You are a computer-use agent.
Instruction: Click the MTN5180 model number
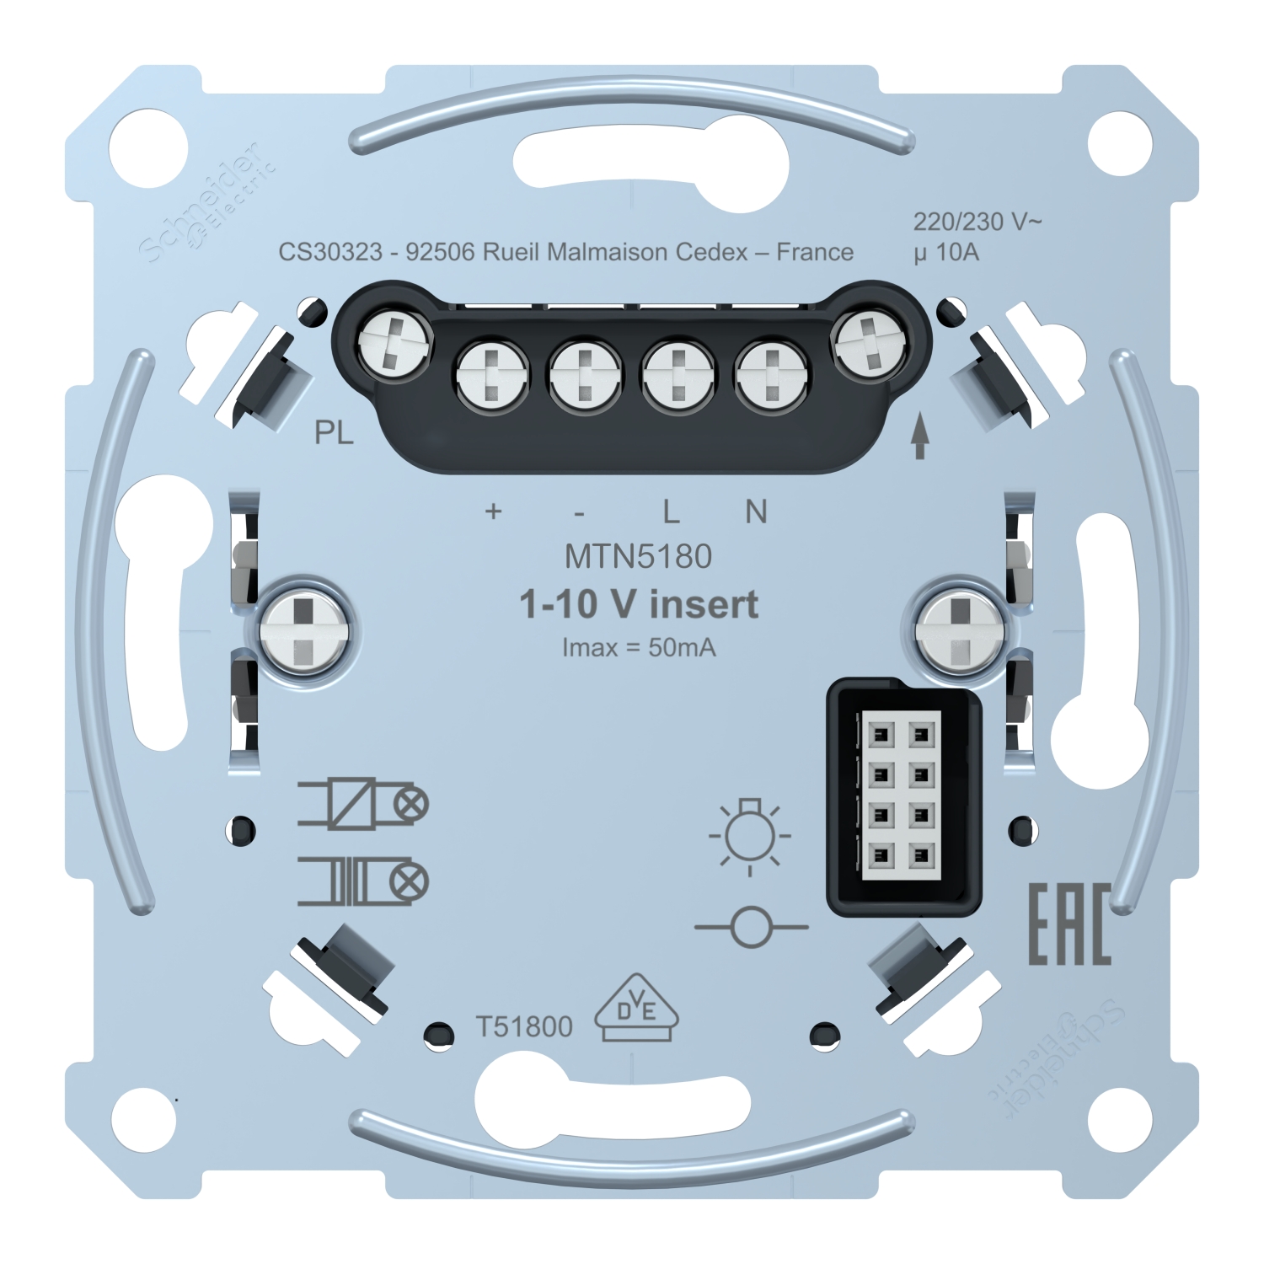tap(639, 556)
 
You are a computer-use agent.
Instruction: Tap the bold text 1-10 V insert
tap(640, 605)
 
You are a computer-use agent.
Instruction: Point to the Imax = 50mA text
tap(639, 647)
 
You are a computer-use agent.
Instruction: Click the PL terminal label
tap(334, 433)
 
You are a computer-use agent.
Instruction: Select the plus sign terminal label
tap(494, 511)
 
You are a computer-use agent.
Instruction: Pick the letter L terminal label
tap(670, 511)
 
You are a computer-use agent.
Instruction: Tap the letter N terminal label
tap(757, 511)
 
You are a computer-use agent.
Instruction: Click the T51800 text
tap(524, 1026)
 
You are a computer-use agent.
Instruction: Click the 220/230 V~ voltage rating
tap(977, 222)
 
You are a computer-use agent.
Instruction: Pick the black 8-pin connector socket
tap(904, 797)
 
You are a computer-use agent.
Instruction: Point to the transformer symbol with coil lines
tap(362, 881)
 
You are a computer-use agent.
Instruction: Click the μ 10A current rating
tap(946, 252)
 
